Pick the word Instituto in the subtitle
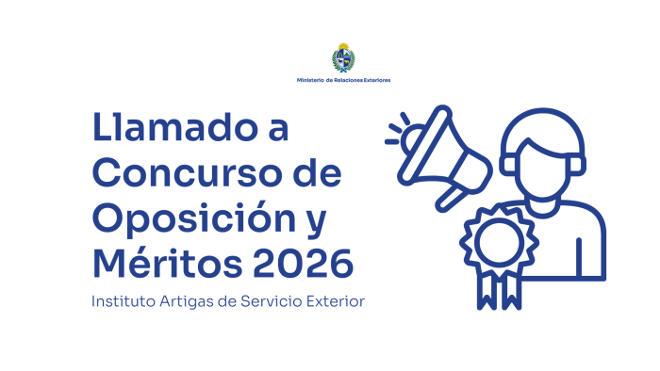(122, 301)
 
